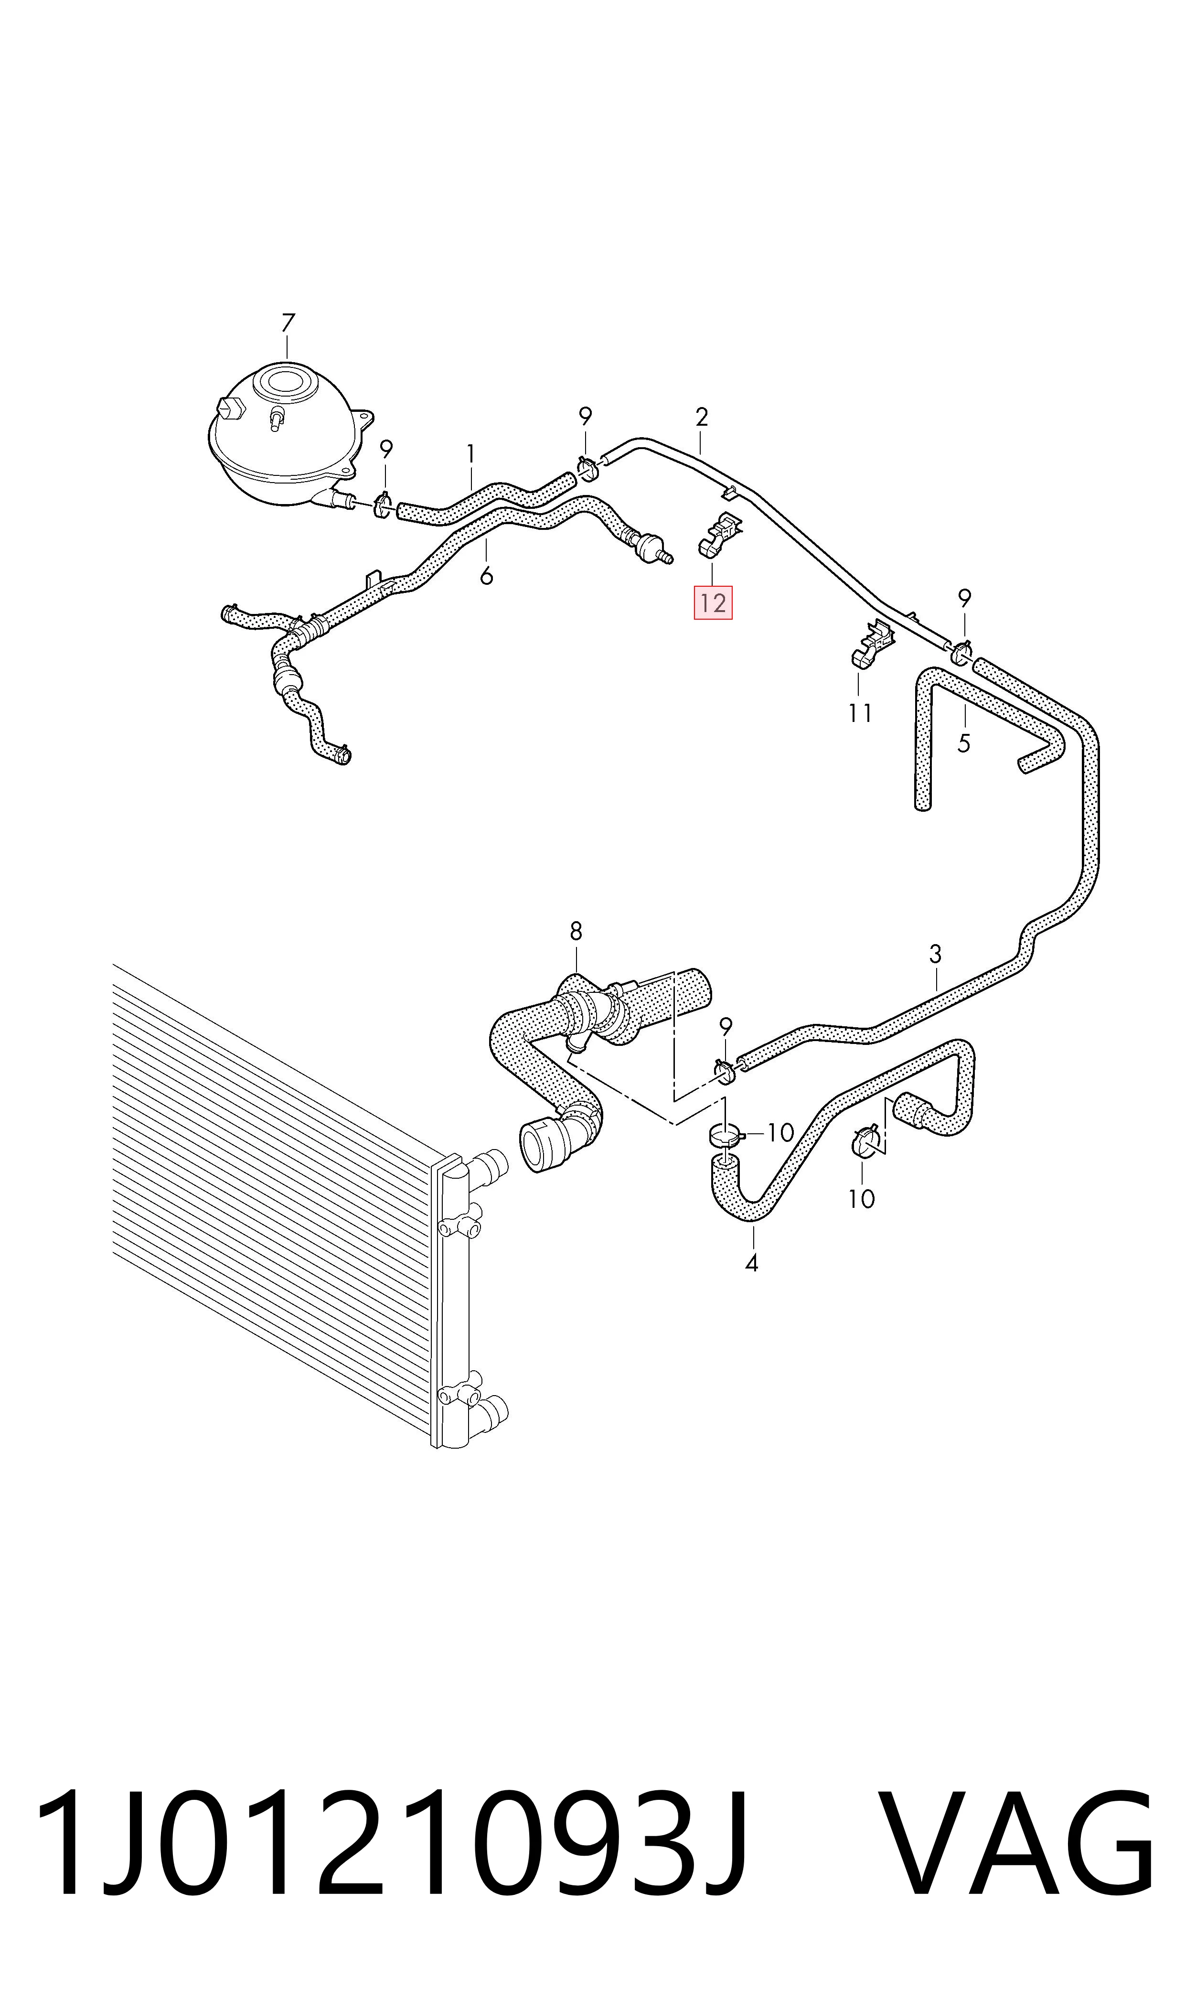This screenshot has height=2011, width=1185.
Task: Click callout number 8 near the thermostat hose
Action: pos(576,931)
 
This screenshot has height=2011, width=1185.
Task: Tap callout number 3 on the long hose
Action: pos(935,954)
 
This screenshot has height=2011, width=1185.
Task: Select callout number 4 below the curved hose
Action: pos(751,1263)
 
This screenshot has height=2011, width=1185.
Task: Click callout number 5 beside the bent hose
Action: pos(964,743)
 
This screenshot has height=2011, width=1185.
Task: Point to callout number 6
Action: pos(486,575)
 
